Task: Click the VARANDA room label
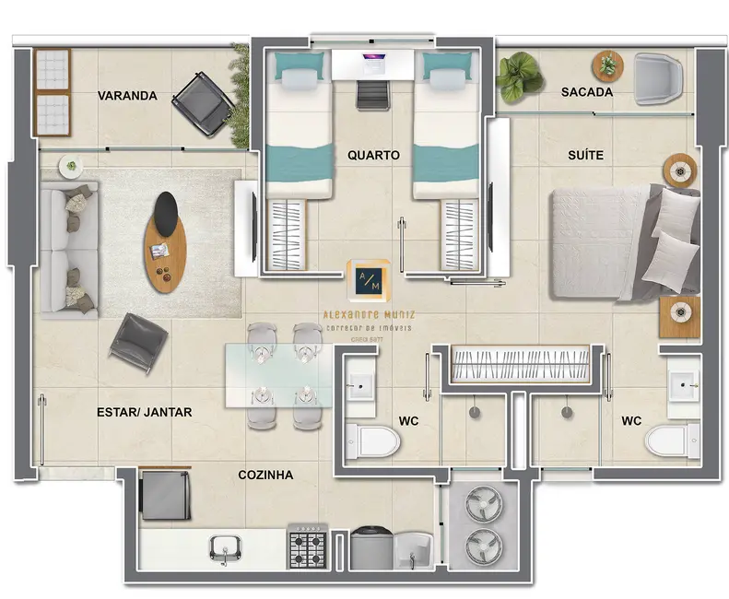(127, 96)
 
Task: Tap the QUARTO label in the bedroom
(373, 155)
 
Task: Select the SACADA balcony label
(586, 92)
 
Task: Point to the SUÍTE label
(585, 155)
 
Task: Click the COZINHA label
(265, 476)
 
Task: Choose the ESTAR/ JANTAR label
(144, 412)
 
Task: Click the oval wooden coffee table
(165, 241)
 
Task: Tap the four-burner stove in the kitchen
(309, 547)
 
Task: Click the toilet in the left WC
(374, 440)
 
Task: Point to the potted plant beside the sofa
(70, 167)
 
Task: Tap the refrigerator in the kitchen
(165, 494)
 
